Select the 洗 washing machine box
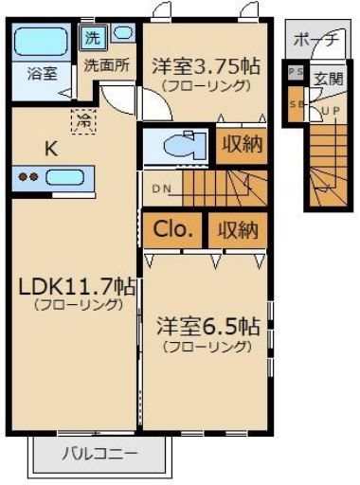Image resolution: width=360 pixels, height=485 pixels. coord(91,39)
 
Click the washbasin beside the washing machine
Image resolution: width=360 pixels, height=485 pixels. coord(123,34)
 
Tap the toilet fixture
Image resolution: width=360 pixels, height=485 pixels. coord(178,147)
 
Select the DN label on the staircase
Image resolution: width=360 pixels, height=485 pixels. coord(162,188)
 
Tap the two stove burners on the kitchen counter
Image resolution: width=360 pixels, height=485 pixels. coord(29,176)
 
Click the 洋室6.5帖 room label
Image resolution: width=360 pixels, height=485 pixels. coord(207,326)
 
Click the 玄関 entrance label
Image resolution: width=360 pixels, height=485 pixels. coord(329,79)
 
